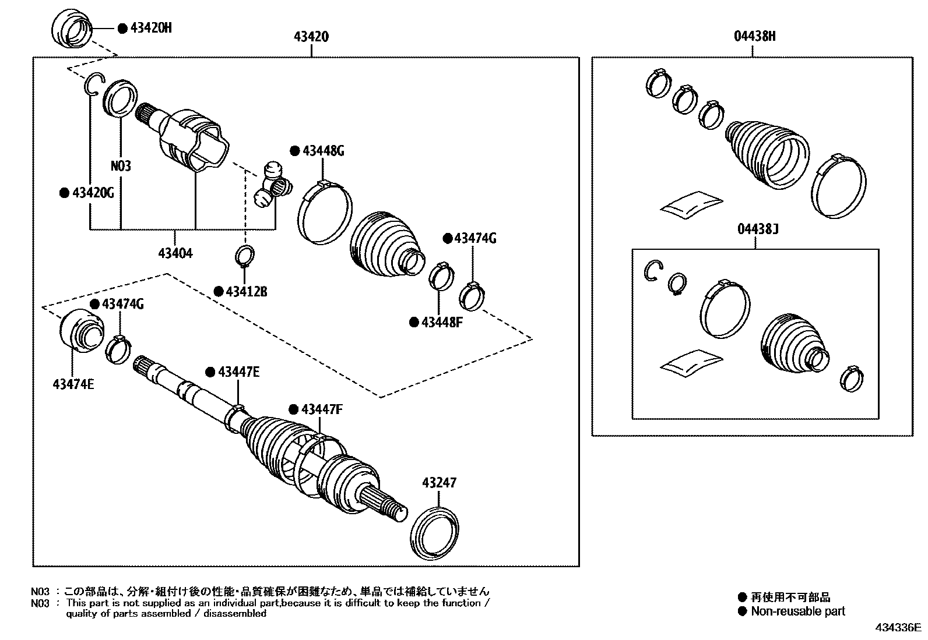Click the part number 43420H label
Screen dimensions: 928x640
[150, 28]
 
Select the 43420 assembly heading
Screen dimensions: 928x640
[311, 37]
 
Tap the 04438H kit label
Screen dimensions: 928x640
[754, 37]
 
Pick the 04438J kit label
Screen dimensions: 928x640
[758, 229]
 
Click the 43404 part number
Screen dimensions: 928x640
[175, 253]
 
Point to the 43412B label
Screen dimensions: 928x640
[247, 291]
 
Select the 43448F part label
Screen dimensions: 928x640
[441, 321]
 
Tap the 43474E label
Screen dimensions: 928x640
[73, 384]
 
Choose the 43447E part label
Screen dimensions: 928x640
[238, 372]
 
